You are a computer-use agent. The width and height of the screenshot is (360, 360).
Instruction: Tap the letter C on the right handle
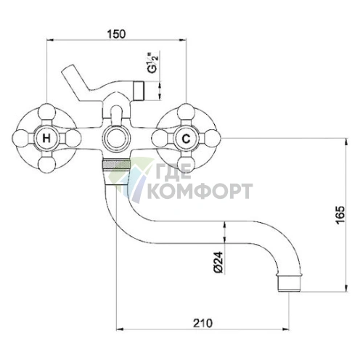point(187,137)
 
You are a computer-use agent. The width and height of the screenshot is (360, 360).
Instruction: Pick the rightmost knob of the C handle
point(213,137)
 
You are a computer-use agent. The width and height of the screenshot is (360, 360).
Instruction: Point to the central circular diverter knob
point(115,136)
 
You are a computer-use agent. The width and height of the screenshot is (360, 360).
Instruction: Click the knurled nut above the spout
point(115,172)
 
